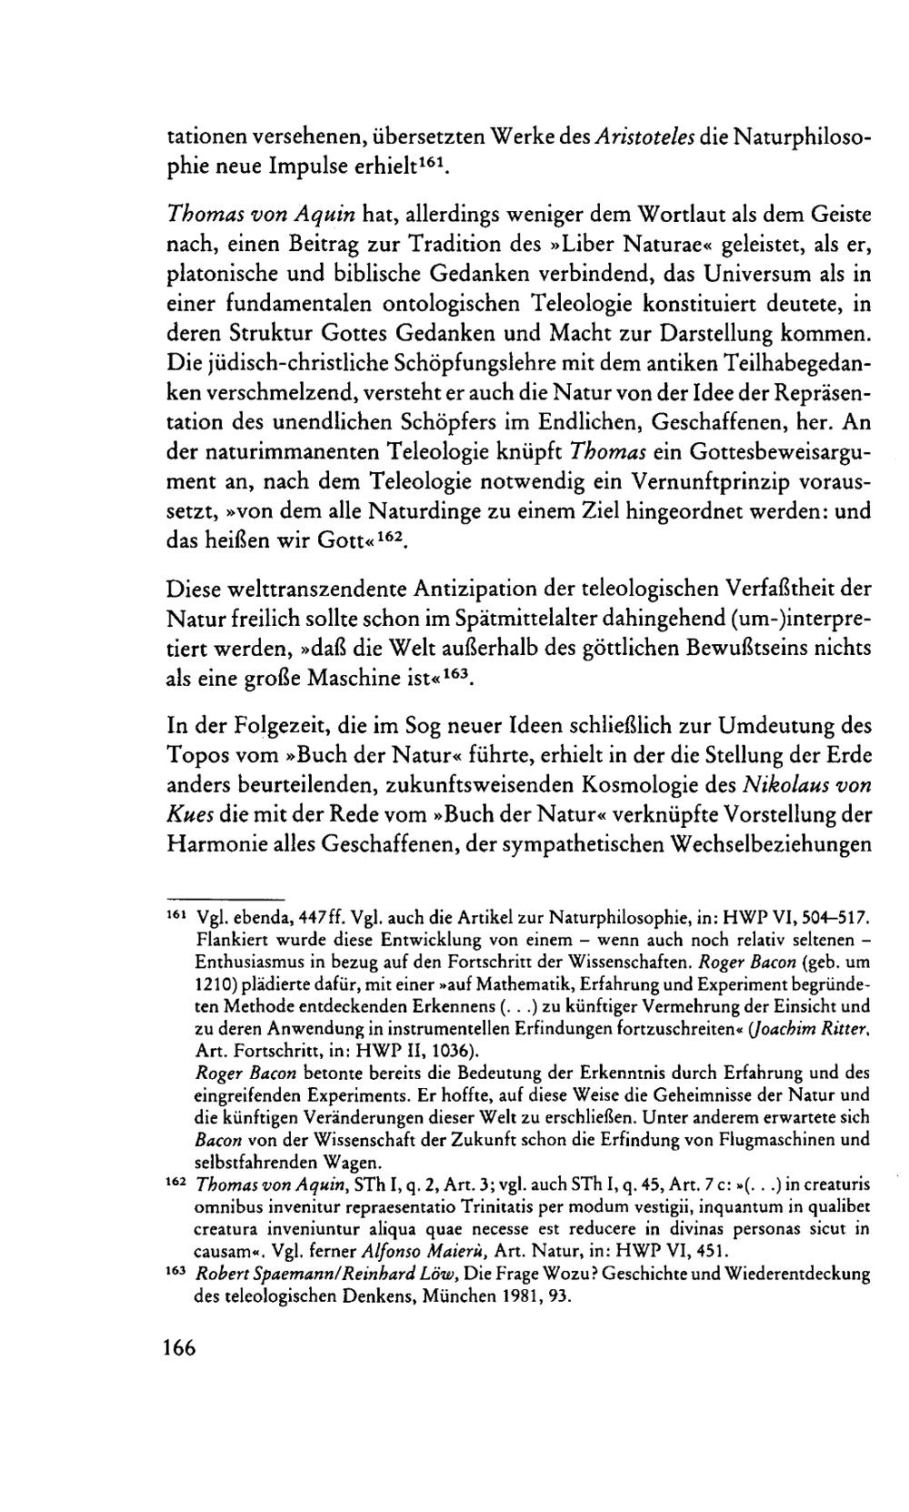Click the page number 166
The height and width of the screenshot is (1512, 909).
(180, 1347)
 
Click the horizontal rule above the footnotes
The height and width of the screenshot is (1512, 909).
(225, 895)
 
